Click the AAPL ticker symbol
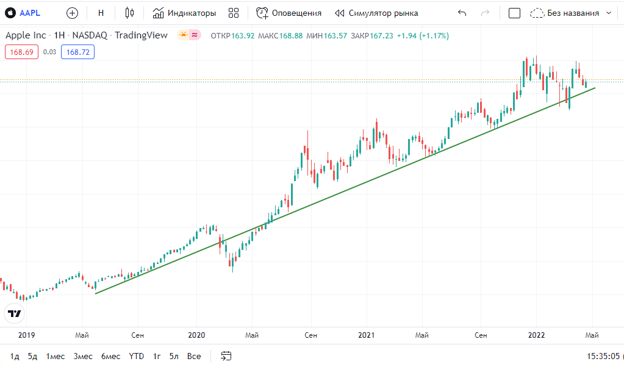coord(29,13)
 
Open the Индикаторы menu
coord(185,13)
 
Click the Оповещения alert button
coord(289,13)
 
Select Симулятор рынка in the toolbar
coord(376,13)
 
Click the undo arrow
coord(462,13)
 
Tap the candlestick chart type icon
coord(129,13)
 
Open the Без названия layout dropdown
coord(571,13)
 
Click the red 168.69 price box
coord(21,52)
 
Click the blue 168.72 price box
coord(78,52)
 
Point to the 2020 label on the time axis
coord(196,335)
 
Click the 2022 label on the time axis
coord(536,335)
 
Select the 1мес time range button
coord(56,356)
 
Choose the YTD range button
coord(137,356)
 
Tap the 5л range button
coord(174,356)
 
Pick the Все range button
coord(194,356)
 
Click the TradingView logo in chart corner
coord(15,313)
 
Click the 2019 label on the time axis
coord(27,335)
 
